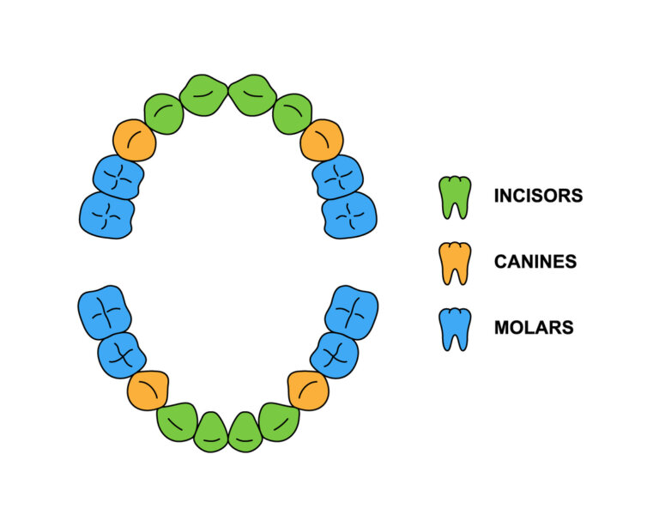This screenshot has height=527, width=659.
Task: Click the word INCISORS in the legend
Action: tap(538, 196)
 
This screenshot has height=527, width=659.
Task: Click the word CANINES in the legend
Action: tap(535, 261)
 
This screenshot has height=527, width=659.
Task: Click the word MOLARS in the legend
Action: tap(534, 327)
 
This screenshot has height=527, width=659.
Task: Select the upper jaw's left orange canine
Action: tap(135, 140)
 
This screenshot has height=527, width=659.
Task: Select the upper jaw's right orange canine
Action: tap(322, 140)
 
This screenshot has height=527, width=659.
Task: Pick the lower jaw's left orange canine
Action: tap(148, 391)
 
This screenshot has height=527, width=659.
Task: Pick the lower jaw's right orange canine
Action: tap(308, 391)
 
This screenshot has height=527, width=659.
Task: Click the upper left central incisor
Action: tap(203, 94)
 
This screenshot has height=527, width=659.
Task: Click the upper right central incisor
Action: tap(252, 94)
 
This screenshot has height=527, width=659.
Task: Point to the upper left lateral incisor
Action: tap(164, 114)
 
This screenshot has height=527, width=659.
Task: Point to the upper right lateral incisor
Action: tap(292, 114)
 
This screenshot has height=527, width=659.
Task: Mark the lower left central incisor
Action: tap(211, 432)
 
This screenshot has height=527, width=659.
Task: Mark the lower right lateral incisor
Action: tap(279, 421)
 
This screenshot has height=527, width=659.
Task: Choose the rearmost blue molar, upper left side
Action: tap(106, 215)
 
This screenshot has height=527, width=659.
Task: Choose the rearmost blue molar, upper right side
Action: tap(349, 215)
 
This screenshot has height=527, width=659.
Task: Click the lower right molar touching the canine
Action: tap(333, 354)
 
